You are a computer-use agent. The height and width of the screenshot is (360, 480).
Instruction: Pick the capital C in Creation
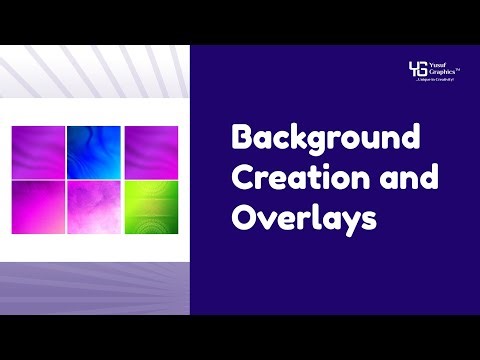241,179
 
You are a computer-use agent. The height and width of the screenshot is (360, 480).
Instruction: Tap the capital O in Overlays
242,217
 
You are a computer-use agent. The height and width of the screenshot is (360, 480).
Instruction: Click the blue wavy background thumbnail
93,152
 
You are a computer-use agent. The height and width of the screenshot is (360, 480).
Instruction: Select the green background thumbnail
151,205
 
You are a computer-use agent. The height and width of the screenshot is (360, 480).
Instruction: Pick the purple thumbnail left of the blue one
37,152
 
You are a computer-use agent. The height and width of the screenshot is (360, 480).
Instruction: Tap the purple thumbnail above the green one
151,152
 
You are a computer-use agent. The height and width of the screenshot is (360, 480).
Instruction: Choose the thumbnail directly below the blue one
93,205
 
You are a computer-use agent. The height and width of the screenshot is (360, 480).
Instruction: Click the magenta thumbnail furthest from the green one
37,152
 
